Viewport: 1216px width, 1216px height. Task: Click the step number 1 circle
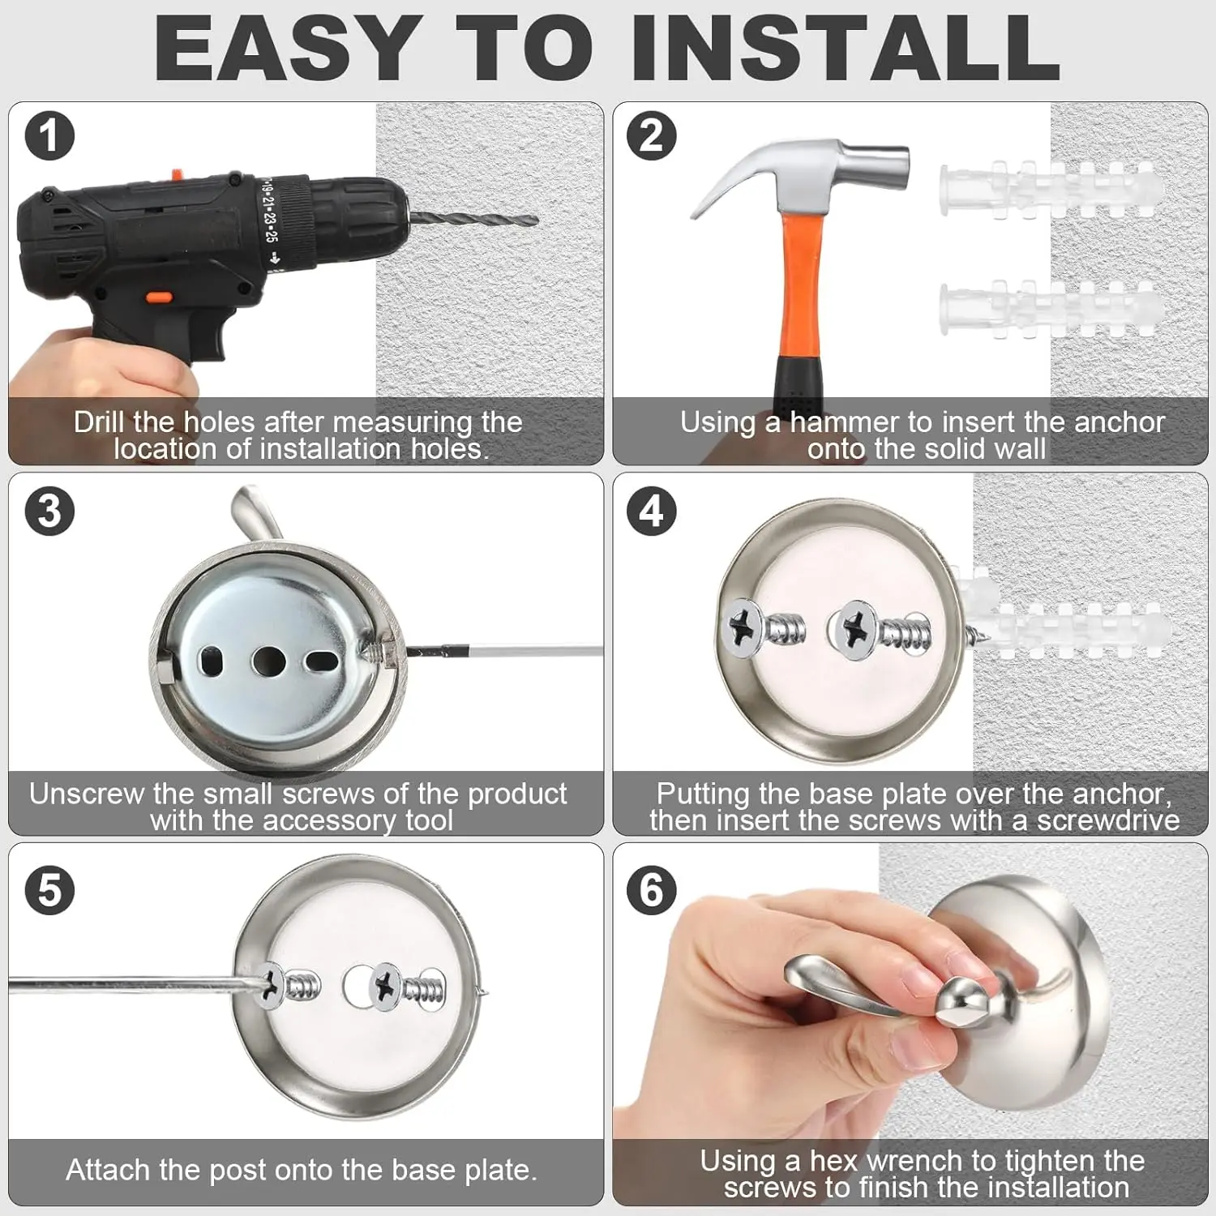click(x=49, y=136)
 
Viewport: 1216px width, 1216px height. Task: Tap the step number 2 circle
click(x=652, y=136)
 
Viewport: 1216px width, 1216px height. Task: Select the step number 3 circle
click(x=49, y=512)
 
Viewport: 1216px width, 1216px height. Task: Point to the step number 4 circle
click(x=652, y=512)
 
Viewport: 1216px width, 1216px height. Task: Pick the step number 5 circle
click(x=49, y=889)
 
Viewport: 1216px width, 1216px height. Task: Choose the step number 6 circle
click(x=652, y=889)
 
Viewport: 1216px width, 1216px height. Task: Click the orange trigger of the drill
click(x=157, y=298)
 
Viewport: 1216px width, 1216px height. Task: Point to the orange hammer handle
click(x=799, y=284)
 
